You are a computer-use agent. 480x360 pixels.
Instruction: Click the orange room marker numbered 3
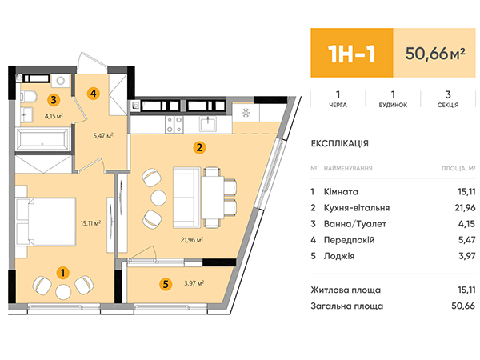54,99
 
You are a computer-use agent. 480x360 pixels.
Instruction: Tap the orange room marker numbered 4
94,93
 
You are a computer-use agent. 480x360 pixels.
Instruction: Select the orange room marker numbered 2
199,148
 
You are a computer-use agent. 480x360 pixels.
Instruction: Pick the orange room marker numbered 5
166,284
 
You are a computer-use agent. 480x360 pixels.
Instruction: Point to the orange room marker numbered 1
62,273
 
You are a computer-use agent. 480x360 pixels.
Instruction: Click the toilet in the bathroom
29,98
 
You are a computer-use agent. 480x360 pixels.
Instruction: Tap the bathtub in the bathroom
43,139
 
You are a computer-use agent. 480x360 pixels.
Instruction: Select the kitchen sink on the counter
209,125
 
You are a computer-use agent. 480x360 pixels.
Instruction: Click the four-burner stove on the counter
174,125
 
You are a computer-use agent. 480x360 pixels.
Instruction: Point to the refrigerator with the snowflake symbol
246,113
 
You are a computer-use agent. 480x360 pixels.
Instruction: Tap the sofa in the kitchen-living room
187,198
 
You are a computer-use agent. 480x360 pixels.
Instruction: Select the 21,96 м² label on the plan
192,240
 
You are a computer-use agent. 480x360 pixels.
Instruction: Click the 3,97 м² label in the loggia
194,283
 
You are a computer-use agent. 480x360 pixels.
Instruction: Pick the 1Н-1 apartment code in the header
351,54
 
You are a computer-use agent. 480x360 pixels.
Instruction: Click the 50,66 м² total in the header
435,54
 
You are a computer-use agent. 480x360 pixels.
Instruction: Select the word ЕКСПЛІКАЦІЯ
340,143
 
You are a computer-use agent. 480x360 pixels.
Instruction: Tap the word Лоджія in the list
339,256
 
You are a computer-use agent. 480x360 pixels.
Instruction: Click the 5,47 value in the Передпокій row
467,240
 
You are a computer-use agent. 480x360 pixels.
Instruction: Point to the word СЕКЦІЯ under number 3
448,105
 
